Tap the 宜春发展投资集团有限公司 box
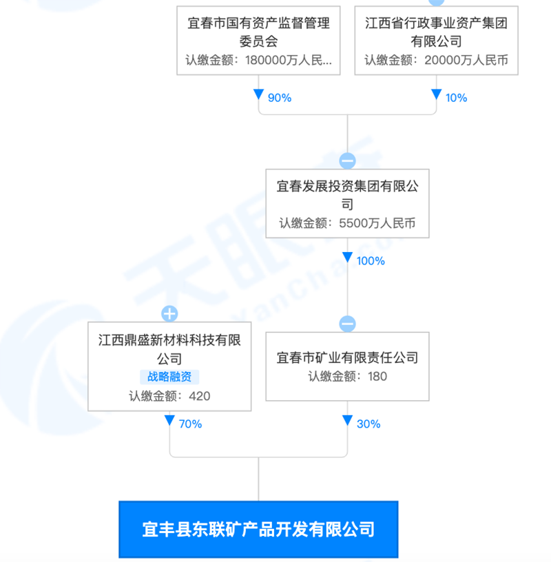click(347, 204)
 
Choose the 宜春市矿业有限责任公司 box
click(347, 366)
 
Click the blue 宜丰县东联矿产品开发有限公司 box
click(258, 529)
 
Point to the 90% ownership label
click(280, 98)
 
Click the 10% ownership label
click(456, 98)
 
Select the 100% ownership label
click(371, 261)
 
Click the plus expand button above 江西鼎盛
click(169, 314)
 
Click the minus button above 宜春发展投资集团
click(347, 161)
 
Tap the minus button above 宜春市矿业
click(347, 324)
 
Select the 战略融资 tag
click(169, 377)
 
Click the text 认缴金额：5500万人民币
click(347, 224)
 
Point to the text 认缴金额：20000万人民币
click(436, 60)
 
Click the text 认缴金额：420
click(169, 396)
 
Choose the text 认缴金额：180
click(347, 377)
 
